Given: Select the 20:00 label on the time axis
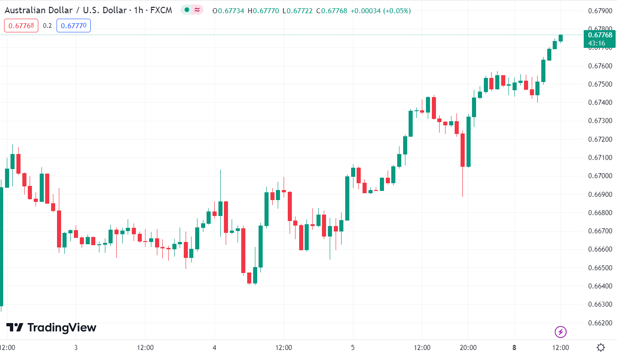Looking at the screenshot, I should pyautogui.click(x=468, y=348).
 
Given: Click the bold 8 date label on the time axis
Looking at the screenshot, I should pyautogui.click(x=514, y=348).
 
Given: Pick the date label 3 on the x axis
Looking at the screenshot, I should pyautogui.click(x=76, y=348).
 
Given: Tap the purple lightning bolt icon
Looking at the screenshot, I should pyautogui.click(x=560, y=332).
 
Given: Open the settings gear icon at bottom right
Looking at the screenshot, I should pyautogui.click(x=601, y=348).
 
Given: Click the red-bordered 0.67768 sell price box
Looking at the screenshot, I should pyautogui.click(x=21, y=26).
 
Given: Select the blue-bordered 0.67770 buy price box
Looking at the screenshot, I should pyautogui.click(x=73, y=26).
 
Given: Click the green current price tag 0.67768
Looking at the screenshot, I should pyautogui.click(x=600, y=35).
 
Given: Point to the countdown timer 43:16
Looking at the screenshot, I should pyautogui.click(x=596, y=43).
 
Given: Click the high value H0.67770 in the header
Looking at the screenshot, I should pyautogui.click(x=263, y=10).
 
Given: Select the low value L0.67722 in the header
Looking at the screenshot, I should pyautogui.click(x=298, y=10).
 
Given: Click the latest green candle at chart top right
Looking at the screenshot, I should pyautogui.click(x=560, y=38).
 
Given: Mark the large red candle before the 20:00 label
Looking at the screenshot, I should pyautogui.click(x=462, y=150).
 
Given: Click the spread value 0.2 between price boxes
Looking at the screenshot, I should pyautogui.click(x=47, y=26).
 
